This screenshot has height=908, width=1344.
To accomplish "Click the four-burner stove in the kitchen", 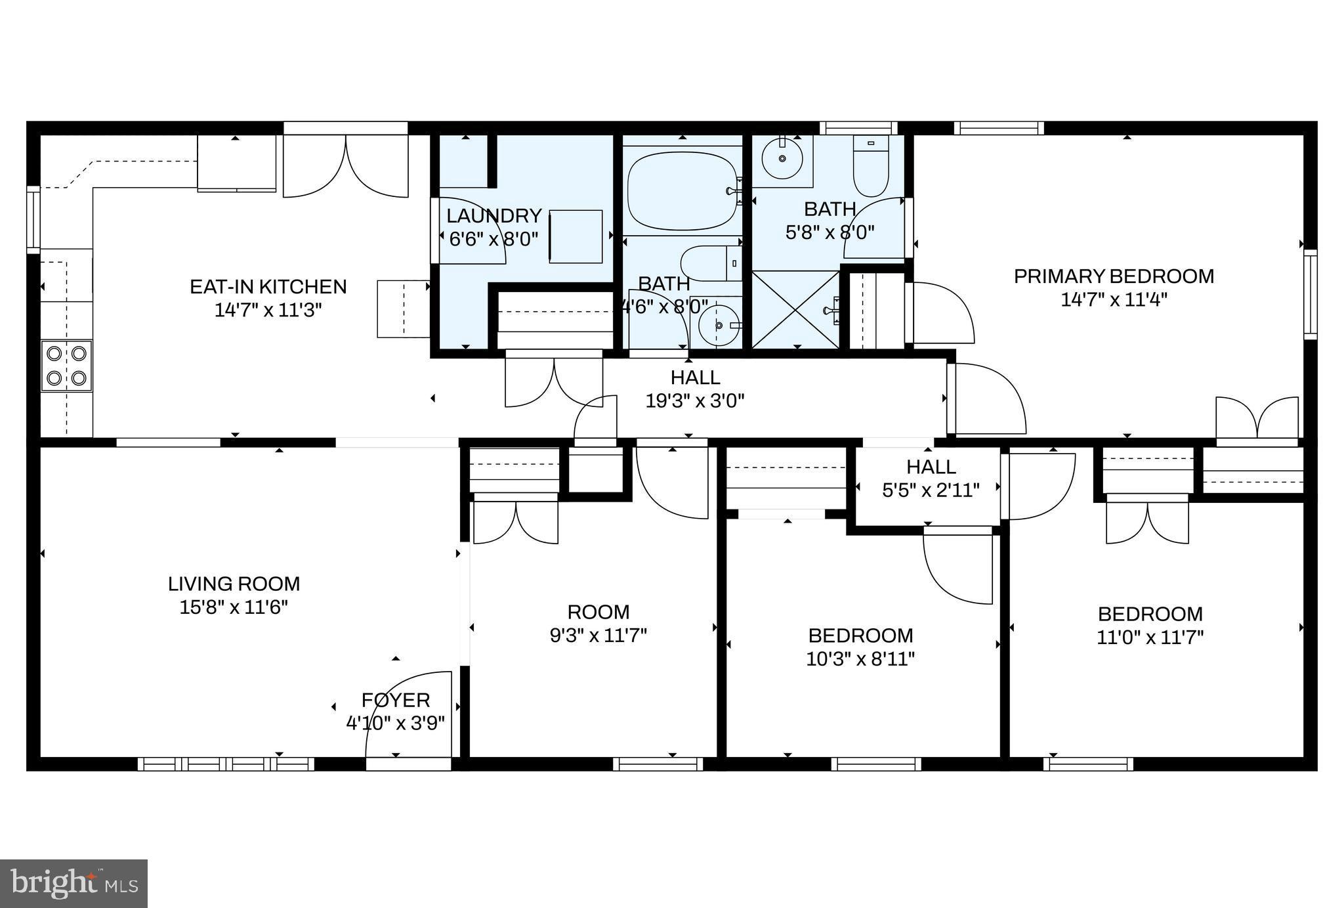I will tap(66, 366).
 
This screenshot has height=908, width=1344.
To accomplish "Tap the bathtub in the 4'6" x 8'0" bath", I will tap(682, 191).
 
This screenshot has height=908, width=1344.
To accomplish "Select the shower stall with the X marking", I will tap(795, 309).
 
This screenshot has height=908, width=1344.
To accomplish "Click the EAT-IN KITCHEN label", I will tap(268, 287).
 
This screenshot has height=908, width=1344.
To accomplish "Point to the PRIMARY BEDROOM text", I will tap(1114, 276).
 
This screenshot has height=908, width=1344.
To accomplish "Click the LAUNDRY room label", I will tap(493, 216).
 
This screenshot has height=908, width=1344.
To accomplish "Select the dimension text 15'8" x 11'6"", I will tap(234, 607).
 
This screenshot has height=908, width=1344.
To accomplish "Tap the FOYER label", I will tap(396, 700).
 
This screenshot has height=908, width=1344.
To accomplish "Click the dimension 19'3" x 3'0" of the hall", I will tap(695, 400).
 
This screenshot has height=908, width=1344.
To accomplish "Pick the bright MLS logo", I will tap(73, 883).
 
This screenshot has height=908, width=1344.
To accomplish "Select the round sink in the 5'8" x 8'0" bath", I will tap(782, 158).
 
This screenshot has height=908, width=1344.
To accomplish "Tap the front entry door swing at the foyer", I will tap(408, 716).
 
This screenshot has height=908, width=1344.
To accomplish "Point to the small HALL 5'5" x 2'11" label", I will tap(931, 467).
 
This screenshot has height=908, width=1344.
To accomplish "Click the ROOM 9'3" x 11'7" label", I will tap(598, 613).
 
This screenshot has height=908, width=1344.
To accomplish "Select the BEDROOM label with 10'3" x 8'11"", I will tap(860, 636).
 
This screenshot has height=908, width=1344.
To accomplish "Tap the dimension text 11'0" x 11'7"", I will tap(1150, 638).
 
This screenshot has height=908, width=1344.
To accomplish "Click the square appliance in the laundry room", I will tap(576, 236).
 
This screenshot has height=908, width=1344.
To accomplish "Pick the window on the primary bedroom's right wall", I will tap(1310, 293).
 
